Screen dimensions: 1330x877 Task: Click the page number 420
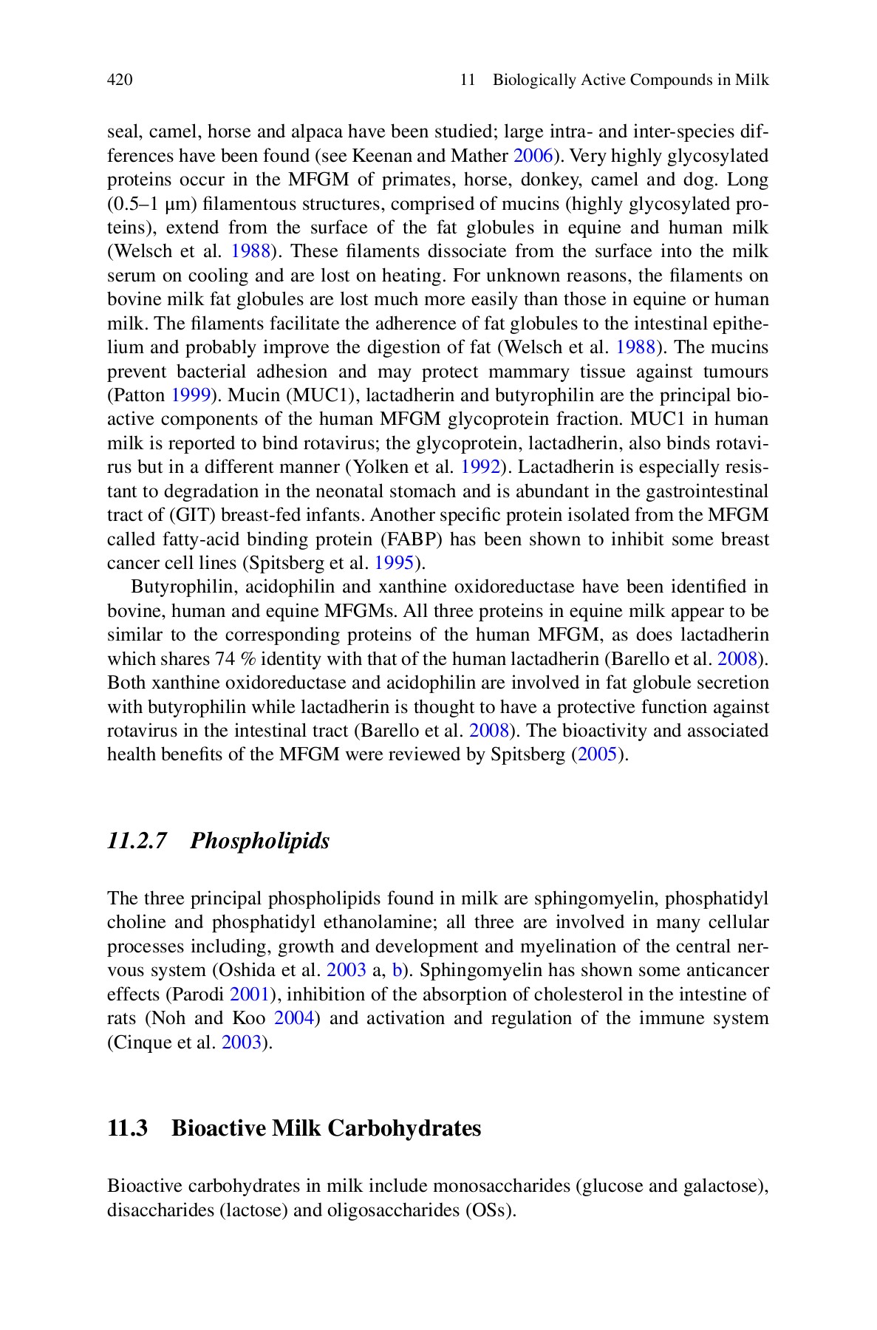[x=120, y=80]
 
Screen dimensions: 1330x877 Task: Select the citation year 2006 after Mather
[x=533, y=156]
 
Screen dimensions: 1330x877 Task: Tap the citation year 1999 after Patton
[x=191, y=395]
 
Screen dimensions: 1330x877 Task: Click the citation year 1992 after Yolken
[x=481, y=467]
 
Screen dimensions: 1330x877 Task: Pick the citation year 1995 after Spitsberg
[x=394, y=563]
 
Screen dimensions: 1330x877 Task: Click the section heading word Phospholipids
[x=259, y=841]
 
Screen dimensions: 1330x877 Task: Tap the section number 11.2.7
[x=137, y=841]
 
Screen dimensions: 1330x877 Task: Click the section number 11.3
[x=127, y=1129]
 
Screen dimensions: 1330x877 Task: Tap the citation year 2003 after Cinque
[x=242, y=1043]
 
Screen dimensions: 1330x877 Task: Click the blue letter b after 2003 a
[x=396, y=970]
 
